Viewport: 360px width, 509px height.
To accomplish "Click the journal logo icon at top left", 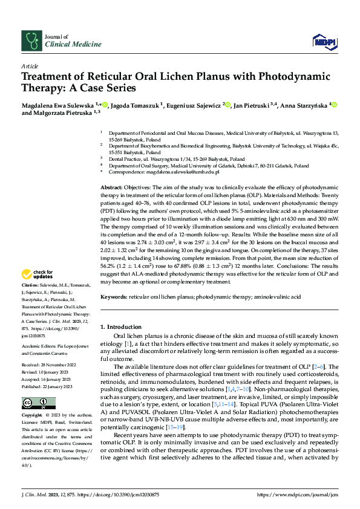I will (x=31, y=41).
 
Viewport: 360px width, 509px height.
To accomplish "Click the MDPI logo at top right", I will (x=322, y=41).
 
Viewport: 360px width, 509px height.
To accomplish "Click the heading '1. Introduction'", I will (x=120, y=326).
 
